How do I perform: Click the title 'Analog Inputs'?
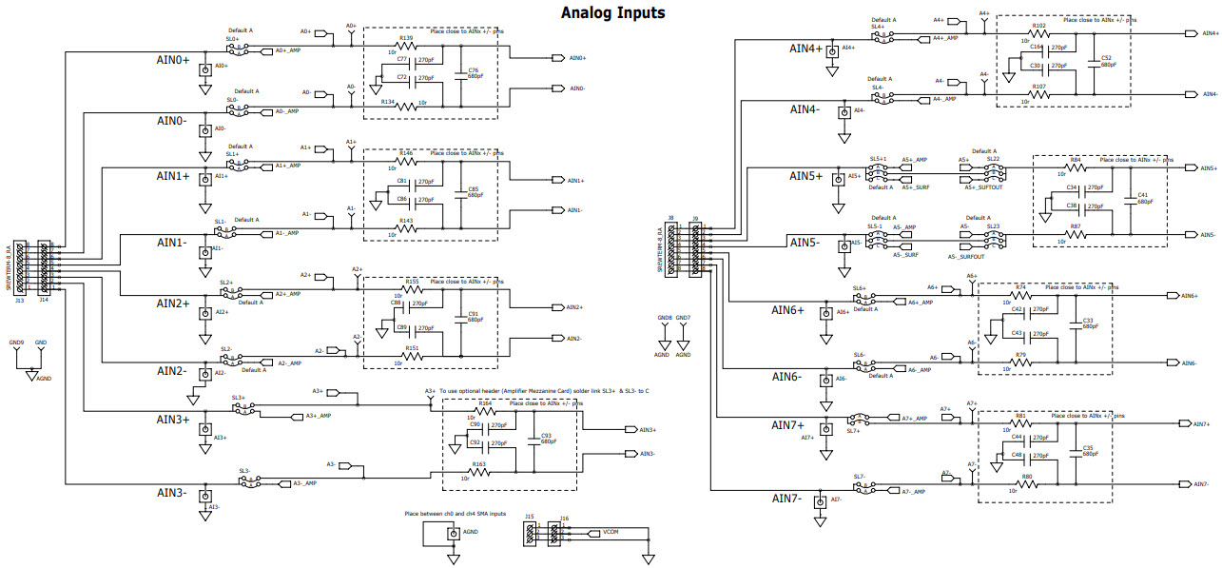(611, 13)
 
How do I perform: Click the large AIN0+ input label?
(173, 60)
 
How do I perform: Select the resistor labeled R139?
(406, 46)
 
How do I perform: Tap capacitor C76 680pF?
(461, 74)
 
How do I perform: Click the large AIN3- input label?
(171, 493)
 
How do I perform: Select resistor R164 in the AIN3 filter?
(485, 410)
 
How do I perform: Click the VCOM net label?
(610, 533)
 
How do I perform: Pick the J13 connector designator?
(19, 299)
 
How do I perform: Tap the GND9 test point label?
(16, 342)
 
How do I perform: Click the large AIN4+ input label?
(805, 48)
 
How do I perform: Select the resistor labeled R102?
(1039, 33)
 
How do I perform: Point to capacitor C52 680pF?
(1095, 61)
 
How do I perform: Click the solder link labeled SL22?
(993, 159)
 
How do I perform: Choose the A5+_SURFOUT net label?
(983, 187)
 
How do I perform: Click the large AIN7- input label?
(787, 498)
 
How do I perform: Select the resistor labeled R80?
(1026, 483)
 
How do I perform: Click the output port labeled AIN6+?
(1189, 296)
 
